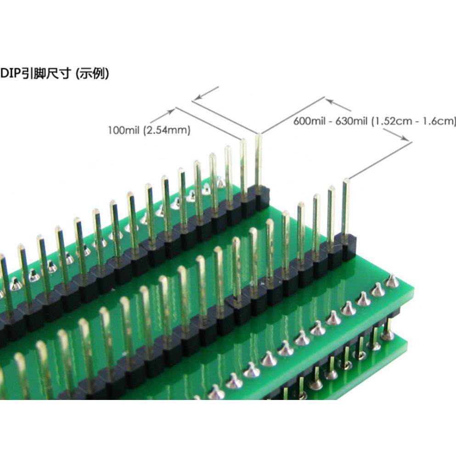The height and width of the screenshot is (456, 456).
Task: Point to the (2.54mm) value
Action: coord(166,130)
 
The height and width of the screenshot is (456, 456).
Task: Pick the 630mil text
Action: coord(349,121)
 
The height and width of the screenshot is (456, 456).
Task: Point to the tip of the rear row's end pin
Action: coord(259,135)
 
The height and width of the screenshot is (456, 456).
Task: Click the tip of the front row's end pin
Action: coord(345,181)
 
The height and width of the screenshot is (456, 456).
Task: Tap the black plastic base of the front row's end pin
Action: coord(348,246)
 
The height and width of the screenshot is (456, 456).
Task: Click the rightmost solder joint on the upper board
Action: coord(391,281)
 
